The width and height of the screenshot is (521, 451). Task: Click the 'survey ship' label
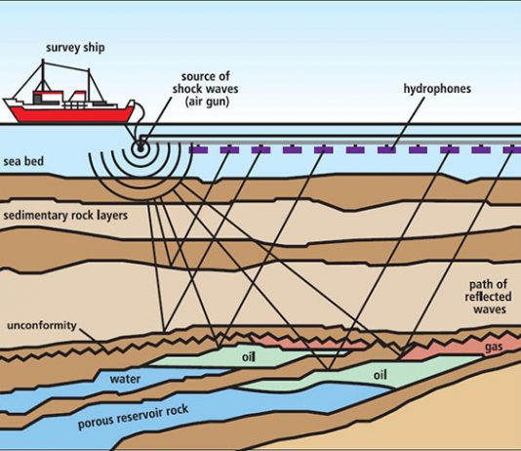click(x=75, y=48)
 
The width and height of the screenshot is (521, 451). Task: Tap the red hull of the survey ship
click(x=71, y=114)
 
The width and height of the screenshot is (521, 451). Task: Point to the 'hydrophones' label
click(x=437, y=89)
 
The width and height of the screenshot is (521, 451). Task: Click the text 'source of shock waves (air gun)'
click(x=206, y=89)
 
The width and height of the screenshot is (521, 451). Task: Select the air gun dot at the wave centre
click(x=140, y=146)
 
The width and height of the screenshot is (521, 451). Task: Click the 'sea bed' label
click(x=23, y=161)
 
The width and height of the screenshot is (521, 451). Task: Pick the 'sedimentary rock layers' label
click(x=65, y=216)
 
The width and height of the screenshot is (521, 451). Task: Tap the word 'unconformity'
click(x=42, y=325)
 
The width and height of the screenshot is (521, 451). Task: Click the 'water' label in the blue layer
click(x=125, y=379)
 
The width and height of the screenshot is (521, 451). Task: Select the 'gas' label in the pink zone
click(x=494, y=348)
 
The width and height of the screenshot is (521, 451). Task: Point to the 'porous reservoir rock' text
click(x=134, y=417)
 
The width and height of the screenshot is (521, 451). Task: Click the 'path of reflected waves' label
click(x=489, y=297)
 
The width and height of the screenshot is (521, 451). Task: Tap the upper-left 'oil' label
click(x=249, y=357)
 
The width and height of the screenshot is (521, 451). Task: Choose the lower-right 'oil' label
click(x=381, y=375)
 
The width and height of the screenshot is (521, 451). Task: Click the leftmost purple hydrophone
click(x=198, y=149)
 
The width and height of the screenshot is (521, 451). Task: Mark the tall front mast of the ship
click(x=43, y=75)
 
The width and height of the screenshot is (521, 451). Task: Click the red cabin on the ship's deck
click(x=48, y=97)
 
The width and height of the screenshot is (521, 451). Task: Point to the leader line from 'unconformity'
click(x=94, y=341)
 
